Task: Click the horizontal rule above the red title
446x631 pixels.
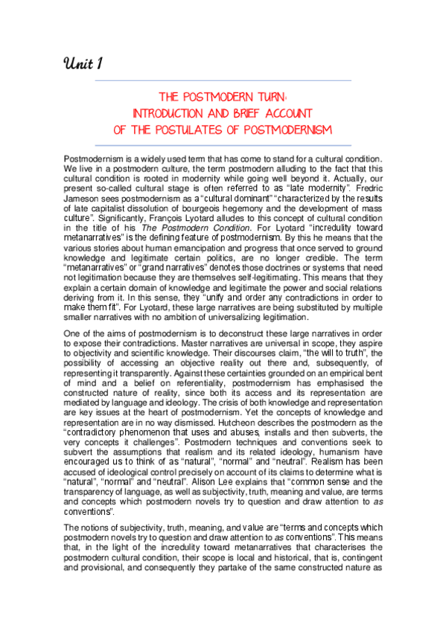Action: click(223, 80)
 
